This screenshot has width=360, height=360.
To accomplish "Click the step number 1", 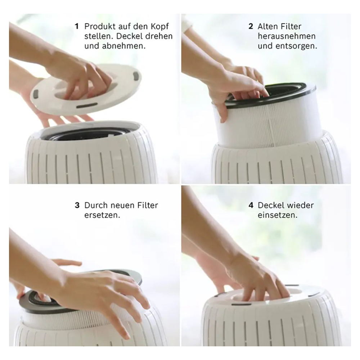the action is [77, 26].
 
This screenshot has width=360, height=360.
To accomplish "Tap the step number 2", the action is [251, 26].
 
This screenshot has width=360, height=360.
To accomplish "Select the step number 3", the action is [77, 205].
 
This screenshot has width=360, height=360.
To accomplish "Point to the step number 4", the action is [251, 205].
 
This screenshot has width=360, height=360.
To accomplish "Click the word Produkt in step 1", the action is [100, 26].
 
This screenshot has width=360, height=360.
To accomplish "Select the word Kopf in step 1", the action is [159, 26].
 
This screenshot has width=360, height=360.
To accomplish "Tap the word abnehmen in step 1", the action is [124, 46].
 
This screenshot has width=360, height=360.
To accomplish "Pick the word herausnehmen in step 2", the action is [287, 36].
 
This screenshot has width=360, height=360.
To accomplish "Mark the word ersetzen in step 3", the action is [102, 215].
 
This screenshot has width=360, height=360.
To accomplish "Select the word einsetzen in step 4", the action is [277, 215].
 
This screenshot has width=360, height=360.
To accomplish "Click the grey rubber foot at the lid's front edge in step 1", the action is [87, 105].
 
